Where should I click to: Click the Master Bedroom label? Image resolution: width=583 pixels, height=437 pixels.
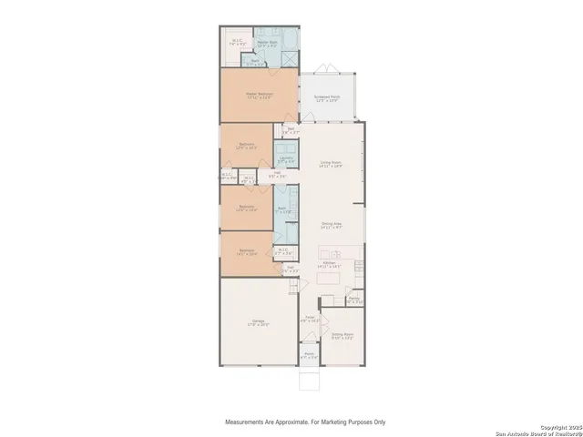(258, 94)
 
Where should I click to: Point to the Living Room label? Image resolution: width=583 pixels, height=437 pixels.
(331, 164)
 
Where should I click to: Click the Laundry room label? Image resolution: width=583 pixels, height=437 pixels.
(285, 158)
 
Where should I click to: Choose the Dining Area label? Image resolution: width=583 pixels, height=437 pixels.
(331, 225)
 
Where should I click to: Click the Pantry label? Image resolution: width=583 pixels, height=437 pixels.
(353, 299)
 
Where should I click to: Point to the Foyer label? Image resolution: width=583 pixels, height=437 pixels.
(309, 319)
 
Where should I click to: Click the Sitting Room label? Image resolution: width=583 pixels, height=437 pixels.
(343, 336)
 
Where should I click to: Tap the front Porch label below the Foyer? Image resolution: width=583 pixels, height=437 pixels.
(309, 355)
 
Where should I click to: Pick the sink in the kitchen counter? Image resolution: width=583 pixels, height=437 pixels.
(332, 254)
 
